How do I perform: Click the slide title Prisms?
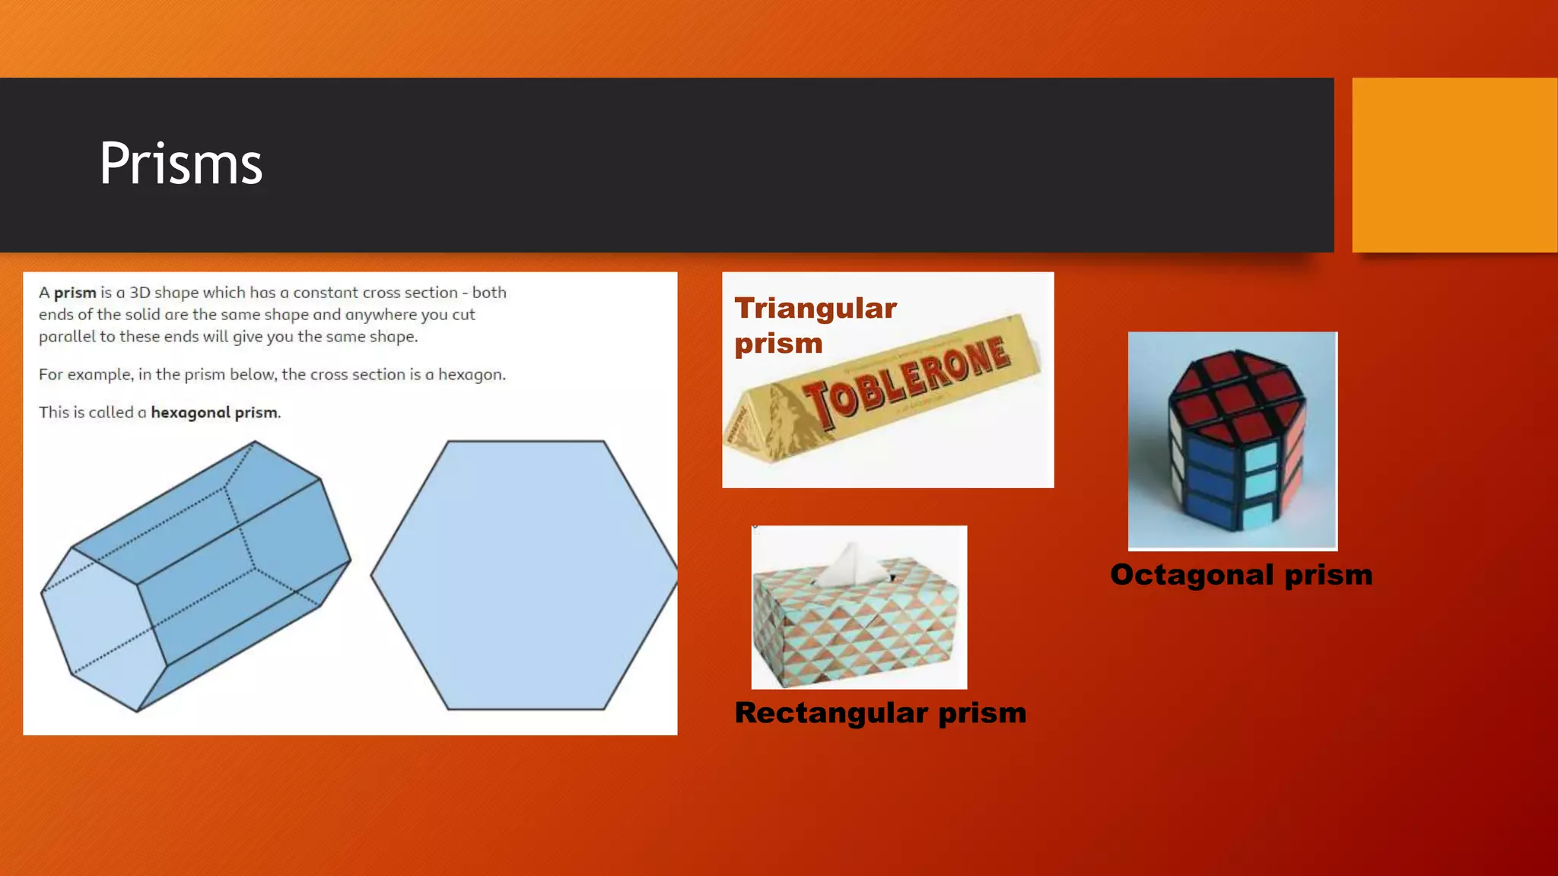181,164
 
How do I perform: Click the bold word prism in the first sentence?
75,293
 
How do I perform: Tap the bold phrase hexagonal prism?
215,413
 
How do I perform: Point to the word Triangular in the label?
816,309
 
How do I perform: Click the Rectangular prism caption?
880,713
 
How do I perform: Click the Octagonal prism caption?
1241,575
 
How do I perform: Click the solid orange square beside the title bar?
1454,165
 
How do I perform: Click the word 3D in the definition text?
139,293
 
